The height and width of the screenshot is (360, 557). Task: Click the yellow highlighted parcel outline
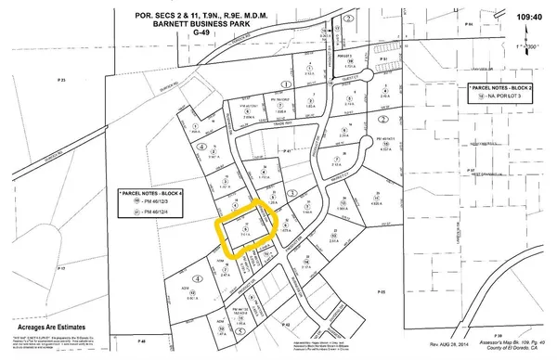coord(245,232)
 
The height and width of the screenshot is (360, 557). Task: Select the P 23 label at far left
coord(62,81)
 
